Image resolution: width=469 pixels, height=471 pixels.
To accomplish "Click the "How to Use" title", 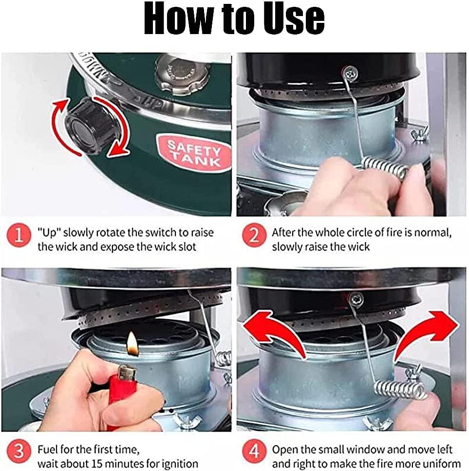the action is [234, 18].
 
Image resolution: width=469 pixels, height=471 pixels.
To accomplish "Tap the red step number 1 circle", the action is [19, 235].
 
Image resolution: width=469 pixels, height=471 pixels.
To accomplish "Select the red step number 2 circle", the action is [254, 235].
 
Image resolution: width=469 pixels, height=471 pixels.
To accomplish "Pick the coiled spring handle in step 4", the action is [400, 390].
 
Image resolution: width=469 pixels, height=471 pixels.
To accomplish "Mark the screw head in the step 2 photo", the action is [350, 72].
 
